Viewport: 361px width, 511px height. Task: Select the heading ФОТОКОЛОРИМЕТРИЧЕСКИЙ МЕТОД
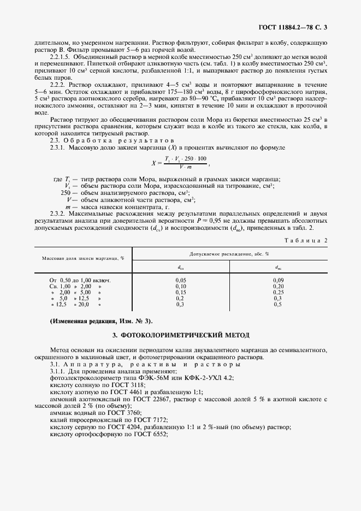[180, 335]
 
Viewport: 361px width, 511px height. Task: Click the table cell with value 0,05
[181, 280]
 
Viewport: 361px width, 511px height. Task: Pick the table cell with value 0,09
[277, 280]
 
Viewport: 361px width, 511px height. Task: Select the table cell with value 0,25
[277, 292]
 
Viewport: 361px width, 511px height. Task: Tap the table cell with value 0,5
[277, 304]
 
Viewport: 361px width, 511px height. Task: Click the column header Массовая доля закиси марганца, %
[81, 258]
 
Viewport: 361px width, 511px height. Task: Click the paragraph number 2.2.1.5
[61, 56]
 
